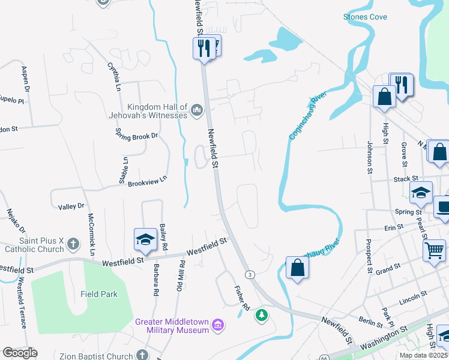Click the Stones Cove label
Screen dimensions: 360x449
365,17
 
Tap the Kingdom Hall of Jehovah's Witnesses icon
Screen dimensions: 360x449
197,109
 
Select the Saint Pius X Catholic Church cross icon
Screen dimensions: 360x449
73,244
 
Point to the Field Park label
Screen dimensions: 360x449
99,294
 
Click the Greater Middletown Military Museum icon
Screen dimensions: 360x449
218,326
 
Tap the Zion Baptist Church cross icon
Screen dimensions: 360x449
142,355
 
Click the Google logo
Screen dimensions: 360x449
20,353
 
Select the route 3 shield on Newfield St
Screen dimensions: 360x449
250,274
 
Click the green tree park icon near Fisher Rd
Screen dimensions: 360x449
261,315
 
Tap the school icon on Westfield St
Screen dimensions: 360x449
145,241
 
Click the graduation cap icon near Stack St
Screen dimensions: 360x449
421,192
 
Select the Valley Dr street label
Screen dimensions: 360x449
71,206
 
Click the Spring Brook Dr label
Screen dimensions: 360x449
136,136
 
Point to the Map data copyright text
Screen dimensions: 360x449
423,355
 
